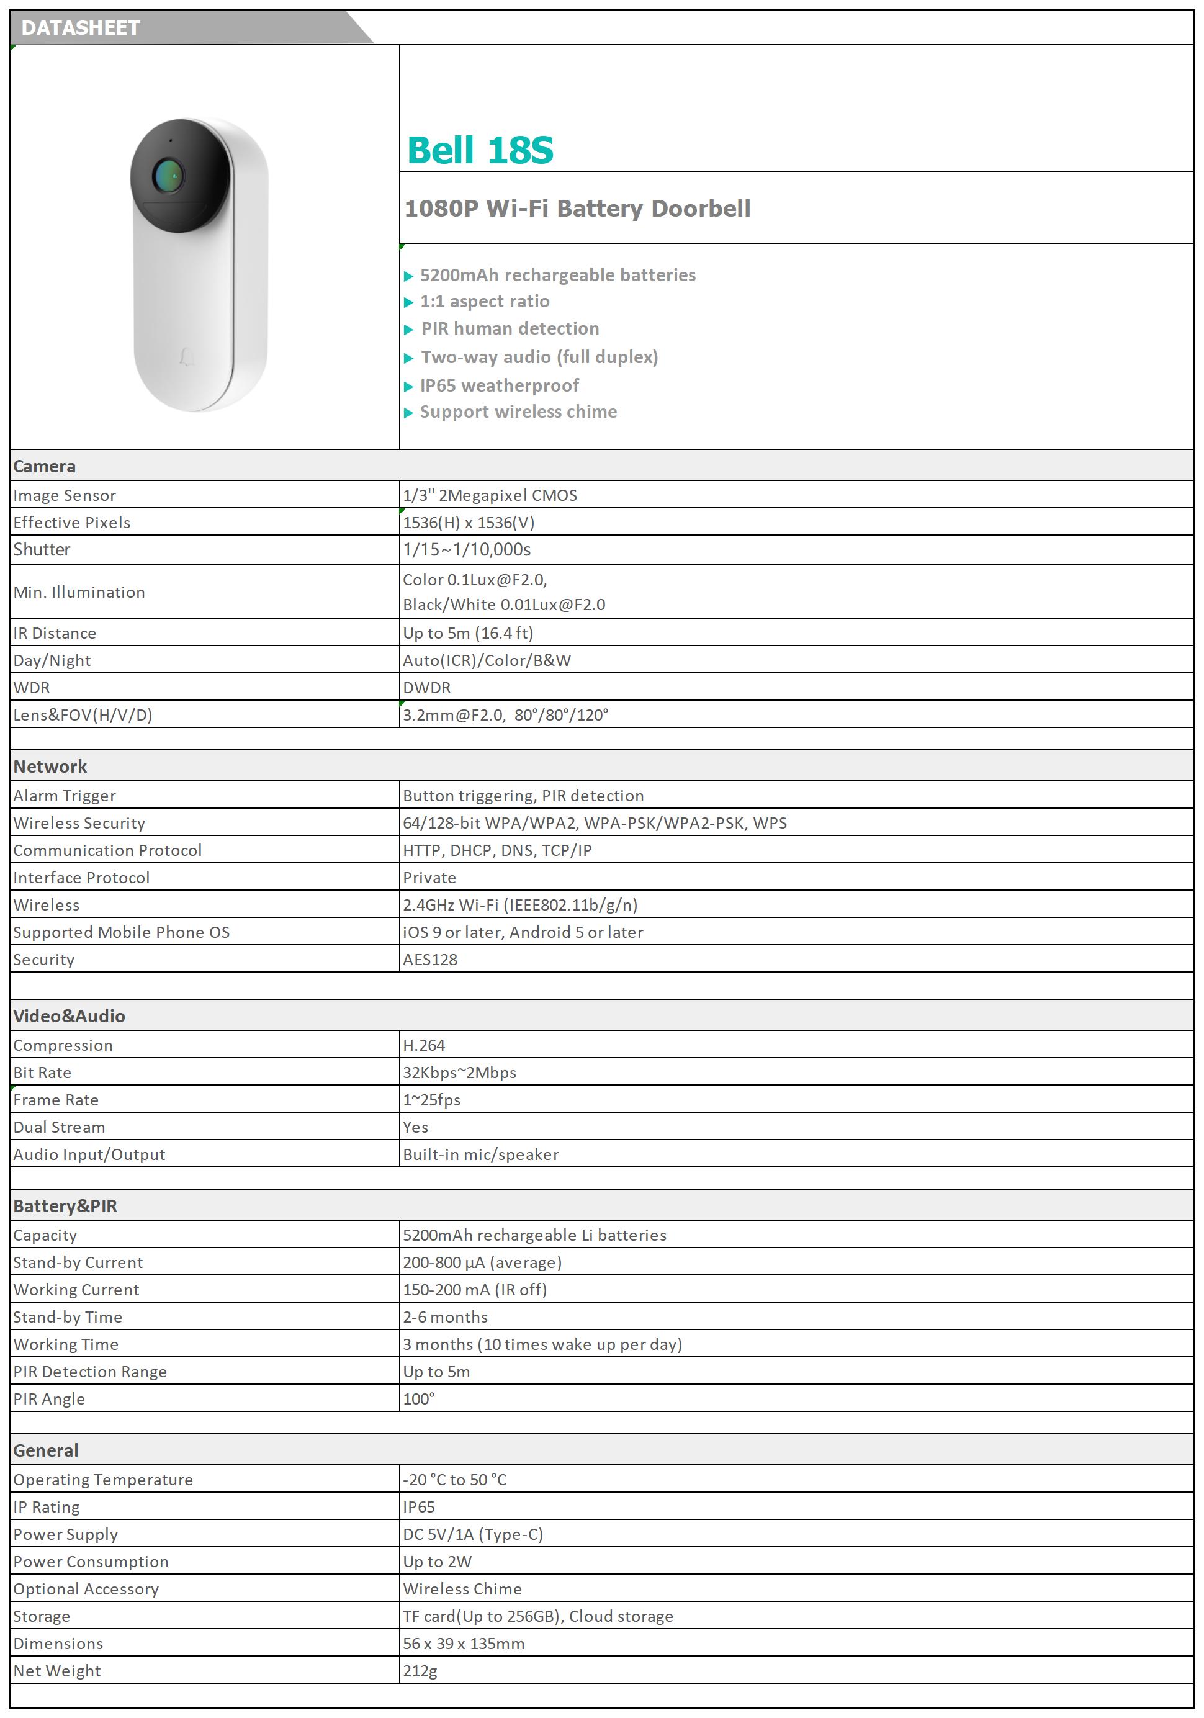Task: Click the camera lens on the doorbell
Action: [x=168, y=176]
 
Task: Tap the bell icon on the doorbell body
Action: [x=185, y=357]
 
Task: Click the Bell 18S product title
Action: [x=480, y=150]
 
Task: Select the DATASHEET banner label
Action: [x=81, y=29]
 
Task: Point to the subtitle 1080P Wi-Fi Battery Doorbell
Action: [x=577, y=209]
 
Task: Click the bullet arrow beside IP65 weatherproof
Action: [x=408, y=387]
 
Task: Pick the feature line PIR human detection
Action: [x=510, y=328]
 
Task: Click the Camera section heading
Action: [x=44, y=466]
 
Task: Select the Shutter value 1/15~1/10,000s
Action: [x=466, y=550]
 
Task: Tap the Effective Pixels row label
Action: [x=72, y=522]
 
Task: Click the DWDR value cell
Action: [x=426, y=688]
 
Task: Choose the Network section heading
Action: [x=50, y=767]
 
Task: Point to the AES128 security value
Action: [x=429, y=960]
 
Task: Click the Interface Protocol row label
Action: [x=81, y=878]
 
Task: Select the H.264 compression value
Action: [x=423, y=1045]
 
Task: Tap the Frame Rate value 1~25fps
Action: [x=432, y=1100]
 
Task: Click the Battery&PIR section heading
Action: [x=65, y=1206]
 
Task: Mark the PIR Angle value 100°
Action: [x=418, y=1399]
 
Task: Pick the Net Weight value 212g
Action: [x=420, y=1671]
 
